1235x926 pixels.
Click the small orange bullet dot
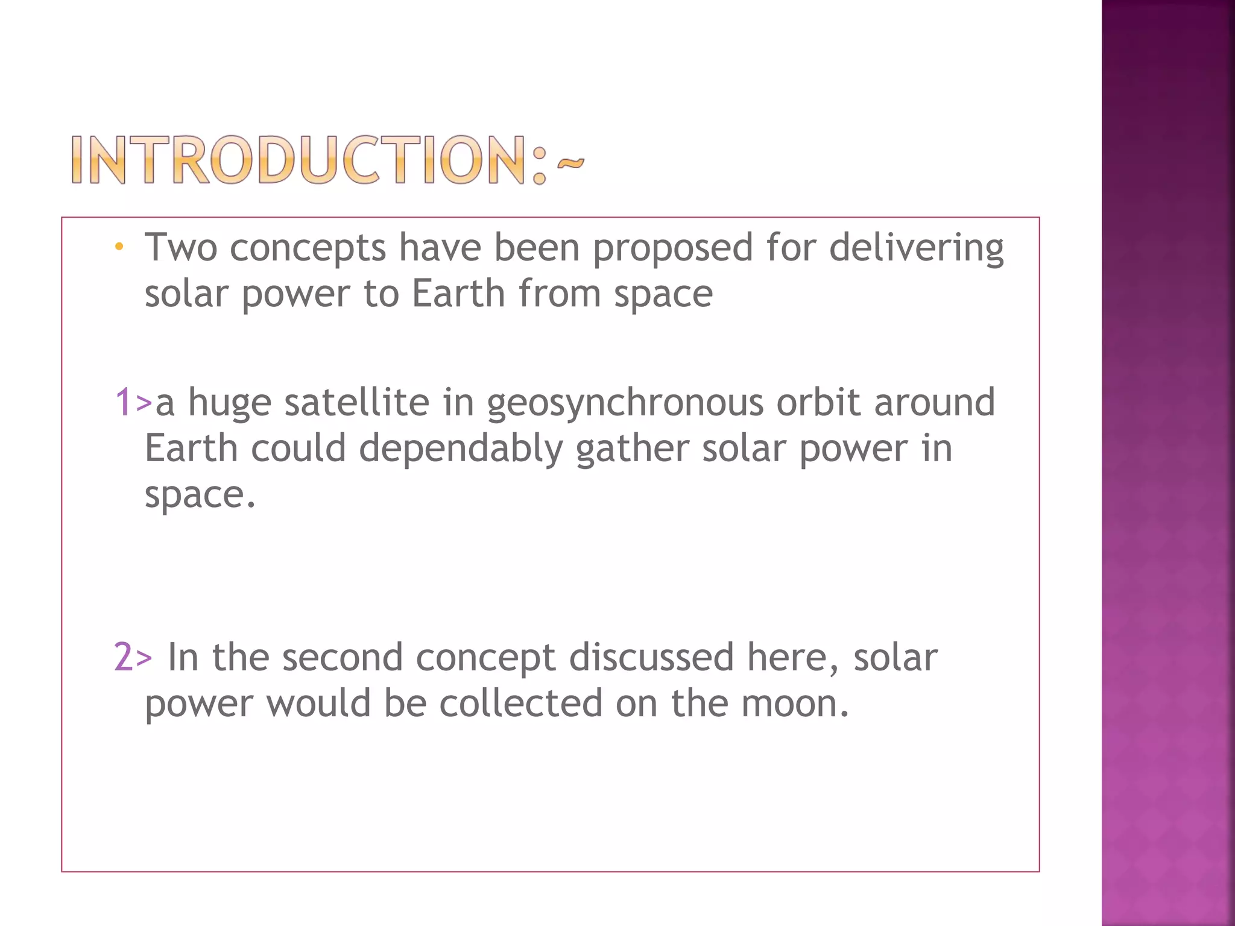coord(119,247)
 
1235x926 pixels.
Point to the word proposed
coord(673,248)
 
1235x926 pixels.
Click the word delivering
coord(916,248)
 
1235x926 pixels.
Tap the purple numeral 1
coord(123,402)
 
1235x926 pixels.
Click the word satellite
coord(356,402)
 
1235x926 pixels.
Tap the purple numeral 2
coord(124,657)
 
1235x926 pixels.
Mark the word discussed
coord(651,657)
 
